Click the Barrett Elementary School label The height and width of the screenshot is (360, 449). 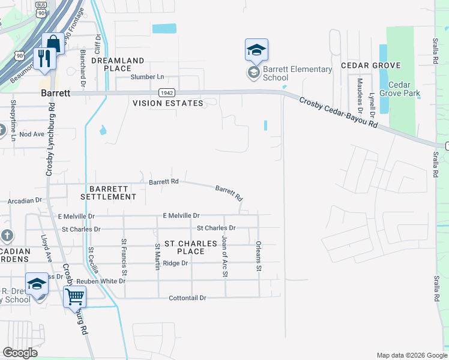click(297, 73)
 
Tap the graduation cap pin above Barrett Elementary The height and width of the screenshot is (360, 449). click(256, 50)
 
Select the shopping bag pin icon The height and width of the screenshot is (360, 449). click(53, 44)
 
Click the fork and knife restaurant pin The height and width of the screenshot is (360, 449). click(45, 58)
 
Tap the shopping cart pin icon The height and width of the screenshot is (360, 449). click(74, 296)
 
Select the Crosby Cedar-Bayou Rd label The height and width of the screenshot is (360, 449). click(339, 112)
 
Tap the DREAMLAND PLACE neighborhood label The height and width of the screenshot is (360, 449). click(118, 64)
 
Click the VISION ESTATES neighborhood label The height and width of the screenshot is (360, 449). click(168, 103)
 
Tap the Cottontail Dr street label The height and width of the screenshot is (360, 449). click(187, 298)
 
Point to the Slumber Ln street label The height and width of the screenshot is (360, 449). click(148, 77)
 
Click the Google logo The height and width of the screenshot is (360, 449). click(20, 353)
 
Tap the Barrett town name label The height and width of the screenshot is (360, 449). click(56, 94)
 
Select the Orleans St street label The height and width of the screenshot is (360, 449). click(259, 254)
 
